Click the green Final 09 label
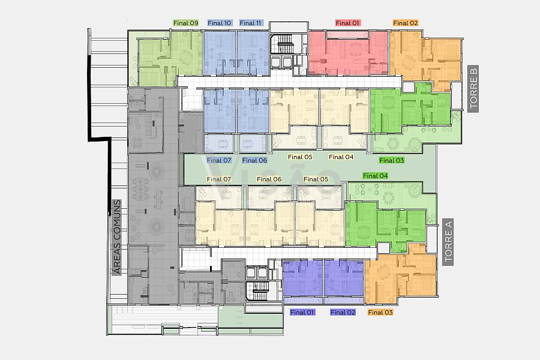(186, 23)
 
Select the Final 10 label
(220, 23)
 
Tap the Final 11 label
(250, 23)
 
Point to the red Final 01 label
(347, 23)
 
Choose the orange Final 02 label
(406, 23)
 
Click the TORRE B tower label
(473, 89)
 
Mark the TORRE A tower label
(448, 242)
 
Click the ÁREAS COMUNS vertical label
(117, 237)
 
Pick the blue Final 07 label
(219, 160)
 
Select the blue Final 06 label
(254, 160)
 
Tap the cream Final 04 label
(341, 157)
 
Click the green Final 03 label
(392, 160)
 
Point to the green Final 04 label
(376, 176)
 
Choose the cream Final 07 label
(218, 179)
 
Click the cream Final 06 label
(269, 179)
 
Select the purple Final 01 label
(302, 312)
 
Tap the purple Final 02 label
(343, 312)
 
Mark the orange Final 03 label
(380, 312)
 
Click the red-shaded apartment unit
(348, 53)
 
